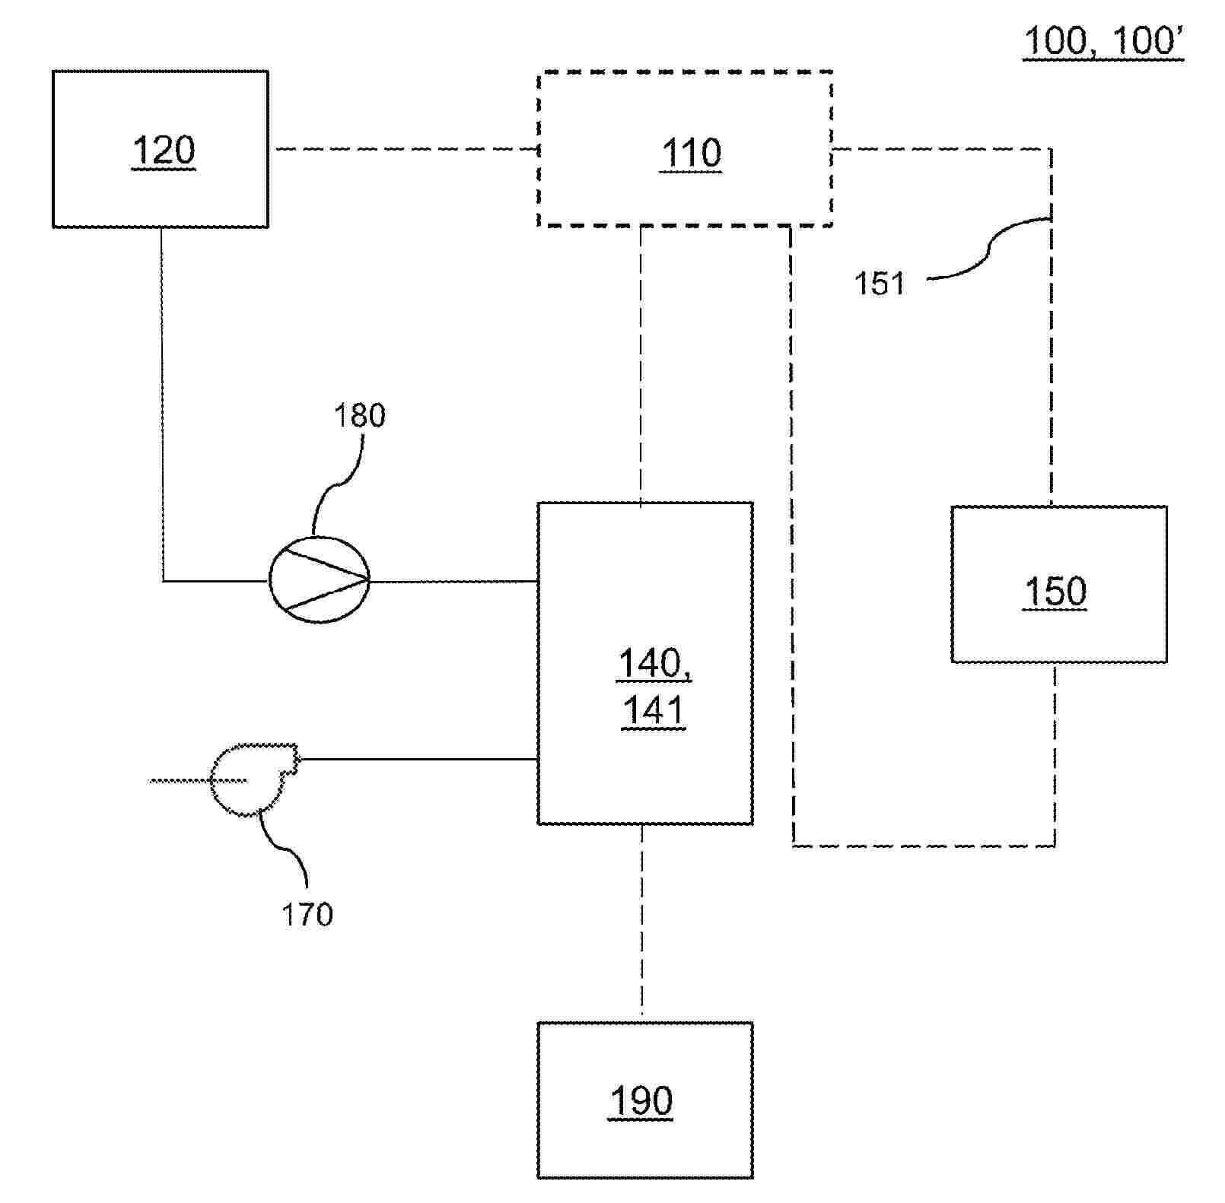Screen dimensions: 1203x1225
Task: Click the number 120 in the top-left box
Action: [x=164, y=151]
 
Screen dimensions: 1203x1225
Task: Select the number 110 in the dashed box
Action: [x=691, y=154]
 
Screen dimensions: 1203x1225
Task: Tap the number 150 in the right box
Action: [x=1055, y=592]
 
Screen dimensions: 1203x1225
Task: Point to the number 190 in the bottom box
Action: [x=641, y=1100]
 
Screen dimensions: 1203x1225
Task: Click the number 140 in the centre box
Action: [x=653, y=663]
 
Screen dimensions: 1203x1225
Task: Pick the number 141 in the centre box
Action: [x=653, y=711]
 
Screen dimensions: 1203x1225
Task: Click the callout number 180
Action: [x=360, y=415]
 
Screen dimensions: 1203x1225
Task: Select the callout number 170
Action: [x=307, y=914]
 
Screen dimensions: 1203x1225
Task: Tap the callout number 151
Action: [x=880, y=284]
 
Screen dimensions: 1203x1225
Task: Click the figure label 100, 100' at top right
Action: [x=1102, y=41]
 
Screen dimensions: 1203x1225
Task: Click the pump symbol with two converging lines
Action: [x=320, y=580]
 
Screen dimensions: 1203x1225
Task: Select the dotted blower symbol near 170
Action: [x=251, y=779]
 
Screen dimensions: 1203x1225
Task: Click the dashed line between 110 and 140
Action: [x=641, y=365]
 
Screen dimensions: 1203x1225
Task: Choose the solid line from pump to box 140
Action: [x=453, y=582]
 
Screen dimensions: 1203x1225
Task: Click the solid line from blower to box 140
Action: [x=418, y=759]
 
